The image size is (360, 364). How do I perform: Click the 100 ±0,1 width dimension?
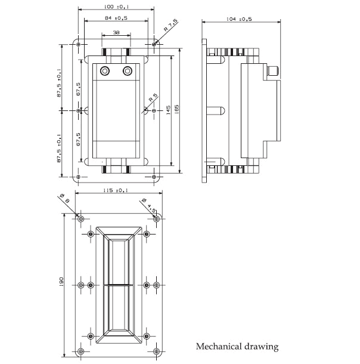click(x=117, y=7)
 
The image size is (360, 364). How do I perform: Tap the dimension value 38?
click(x=116, y=33)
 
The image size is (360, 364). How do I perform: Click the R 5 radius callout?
click(x=153, y=98)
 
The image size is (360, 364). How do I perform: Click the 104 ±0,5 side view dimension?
click(x=240, y=19)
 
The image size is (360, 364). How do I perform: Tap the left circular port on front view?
click(x=105, y=72)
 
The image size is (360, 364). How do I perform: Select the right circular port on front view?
click(x=127, y=72)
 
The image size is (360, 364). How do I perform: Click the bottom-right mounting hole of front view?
click(x=154, y=177)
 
